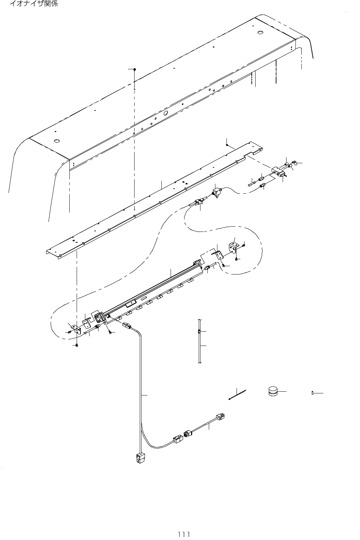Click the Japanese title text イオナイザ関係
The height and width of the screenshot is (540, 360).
33,4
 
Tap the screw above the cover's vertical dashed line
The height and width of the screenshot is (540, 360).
135,69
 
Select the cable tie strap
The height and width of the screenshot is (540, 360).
238,395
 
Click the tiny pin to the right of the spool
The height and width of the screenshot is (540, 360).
313,393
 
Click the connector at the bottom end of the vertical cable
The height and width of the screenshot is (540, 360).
140,459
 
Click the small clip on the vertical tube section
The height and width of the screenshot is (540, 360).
199,332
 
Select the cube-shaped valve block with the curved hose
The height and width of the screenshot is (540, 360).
217,192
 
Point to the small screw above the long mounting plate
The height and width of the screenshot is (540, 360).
226,146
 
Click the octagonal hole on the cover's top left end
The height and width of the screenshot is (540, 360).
57,141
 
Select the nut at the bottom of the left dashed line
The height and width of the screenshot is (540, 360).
77,346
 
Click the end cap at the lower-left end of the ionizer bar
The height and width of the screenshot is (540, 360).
100,317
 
